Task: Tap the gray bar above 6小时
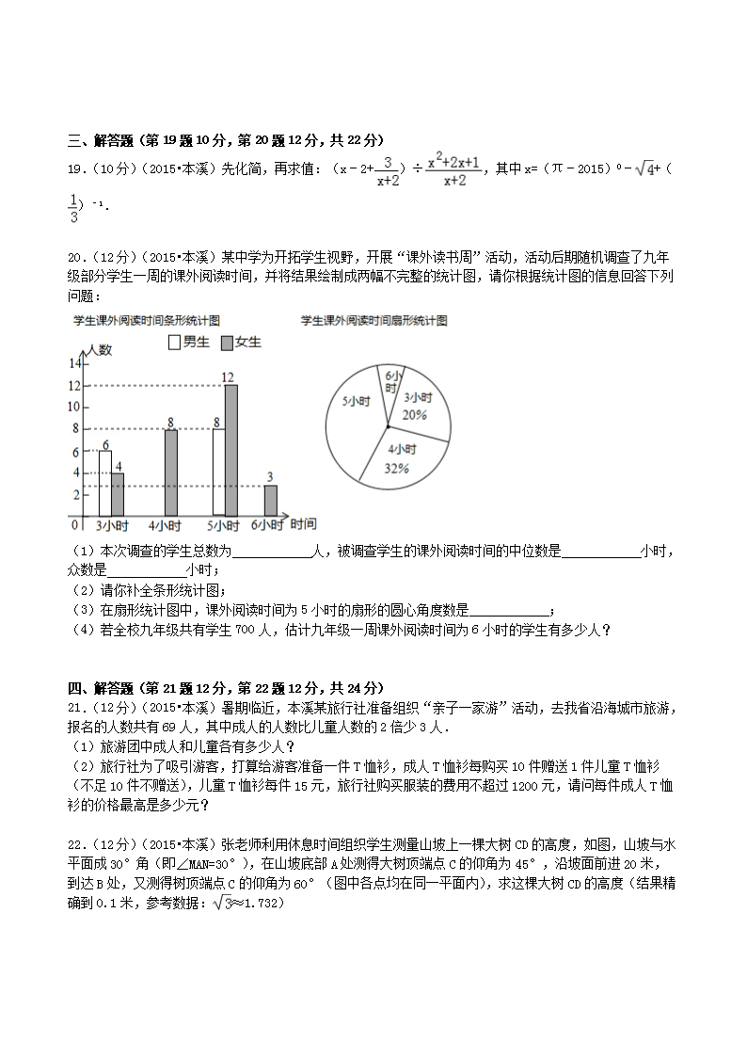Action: tap(270, 500)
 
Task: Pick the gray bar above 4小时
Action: tap(170, 472)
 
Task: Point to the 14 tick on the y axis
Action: tap(74, 363)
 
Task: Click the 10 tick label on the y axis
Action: tap(74, 407)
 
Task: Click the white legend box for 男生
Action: tap(174, 343)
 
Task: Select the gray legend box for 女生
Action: tap(227, 343)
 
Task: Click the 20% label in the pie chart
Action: tap(415, 414)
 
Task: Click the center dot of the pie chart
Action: tap(388, 427)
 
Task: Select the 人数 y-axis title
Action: tap(98, 350)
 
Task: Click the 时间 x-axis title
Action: tap(303, 523)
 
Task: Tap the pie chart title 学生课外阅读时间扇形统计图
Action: tap(373, 321)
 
